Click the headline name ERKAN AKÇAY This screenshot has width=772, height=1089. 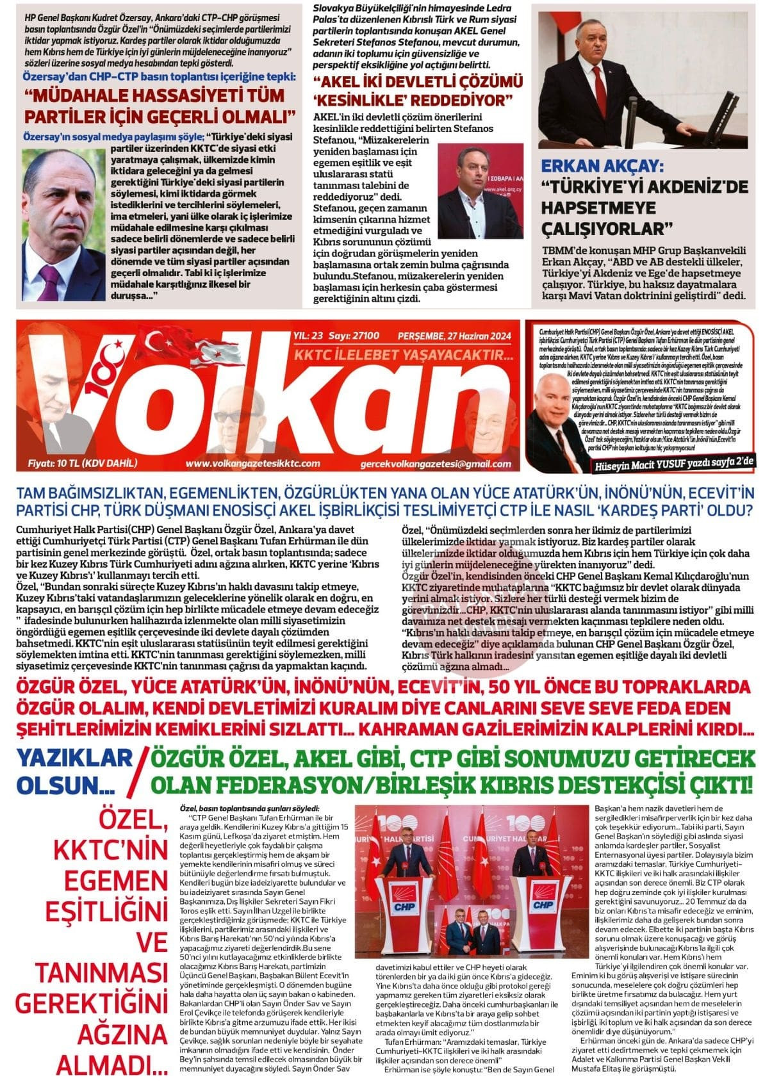point(600,167)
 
